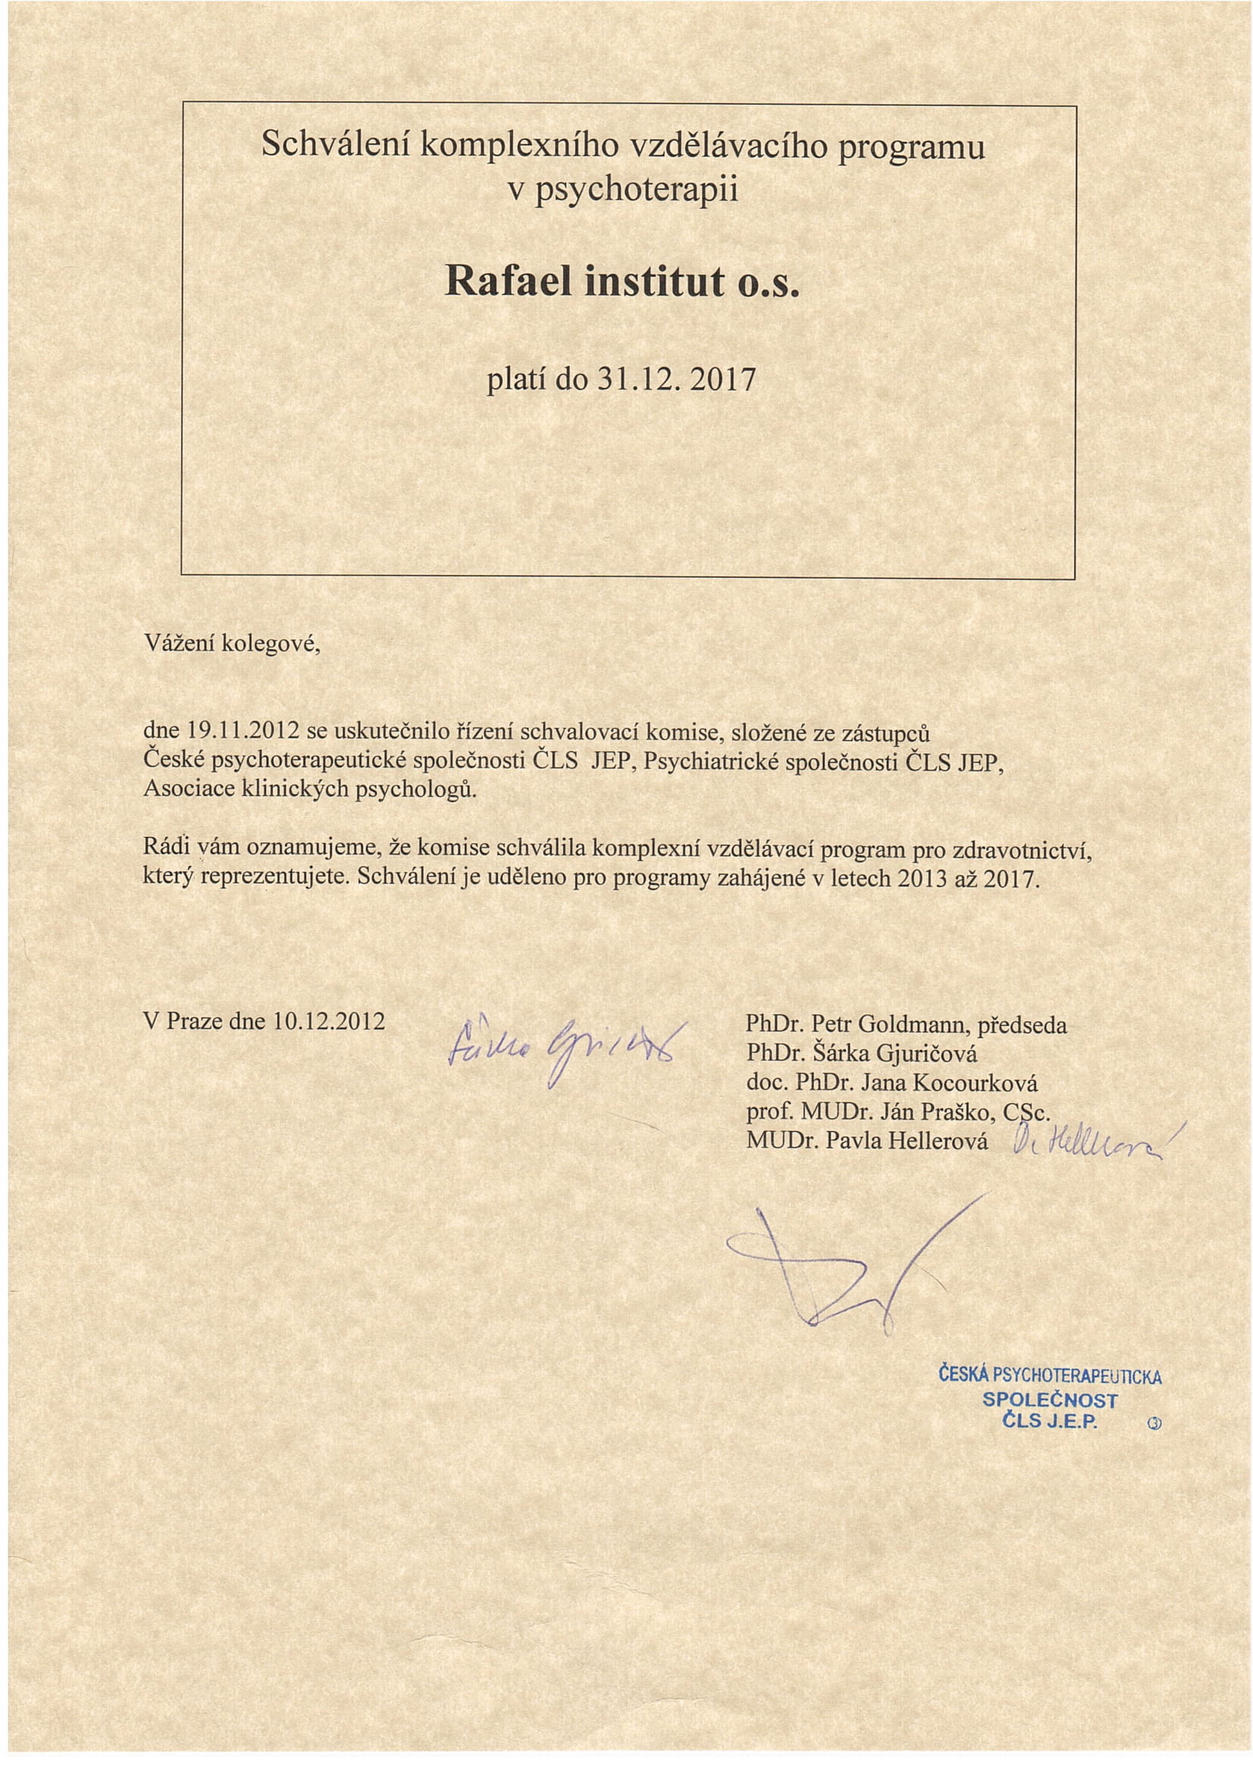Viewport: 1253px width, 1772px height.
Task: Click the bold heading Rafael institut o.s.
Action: click(x=622, y=283)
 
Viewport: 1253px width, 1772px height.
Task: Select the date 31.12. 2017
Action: click(x=677, y=379)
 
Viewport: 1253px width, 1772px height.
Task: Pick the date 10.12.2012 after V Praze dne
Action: click(x=329, y=1021)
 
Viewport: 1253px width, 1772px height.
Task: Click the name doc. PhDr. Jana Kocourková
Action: click(x=891, y=1083)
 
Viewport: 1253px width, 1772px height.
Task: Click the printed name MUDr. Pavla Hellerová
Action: click(x=866, y=1140)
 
